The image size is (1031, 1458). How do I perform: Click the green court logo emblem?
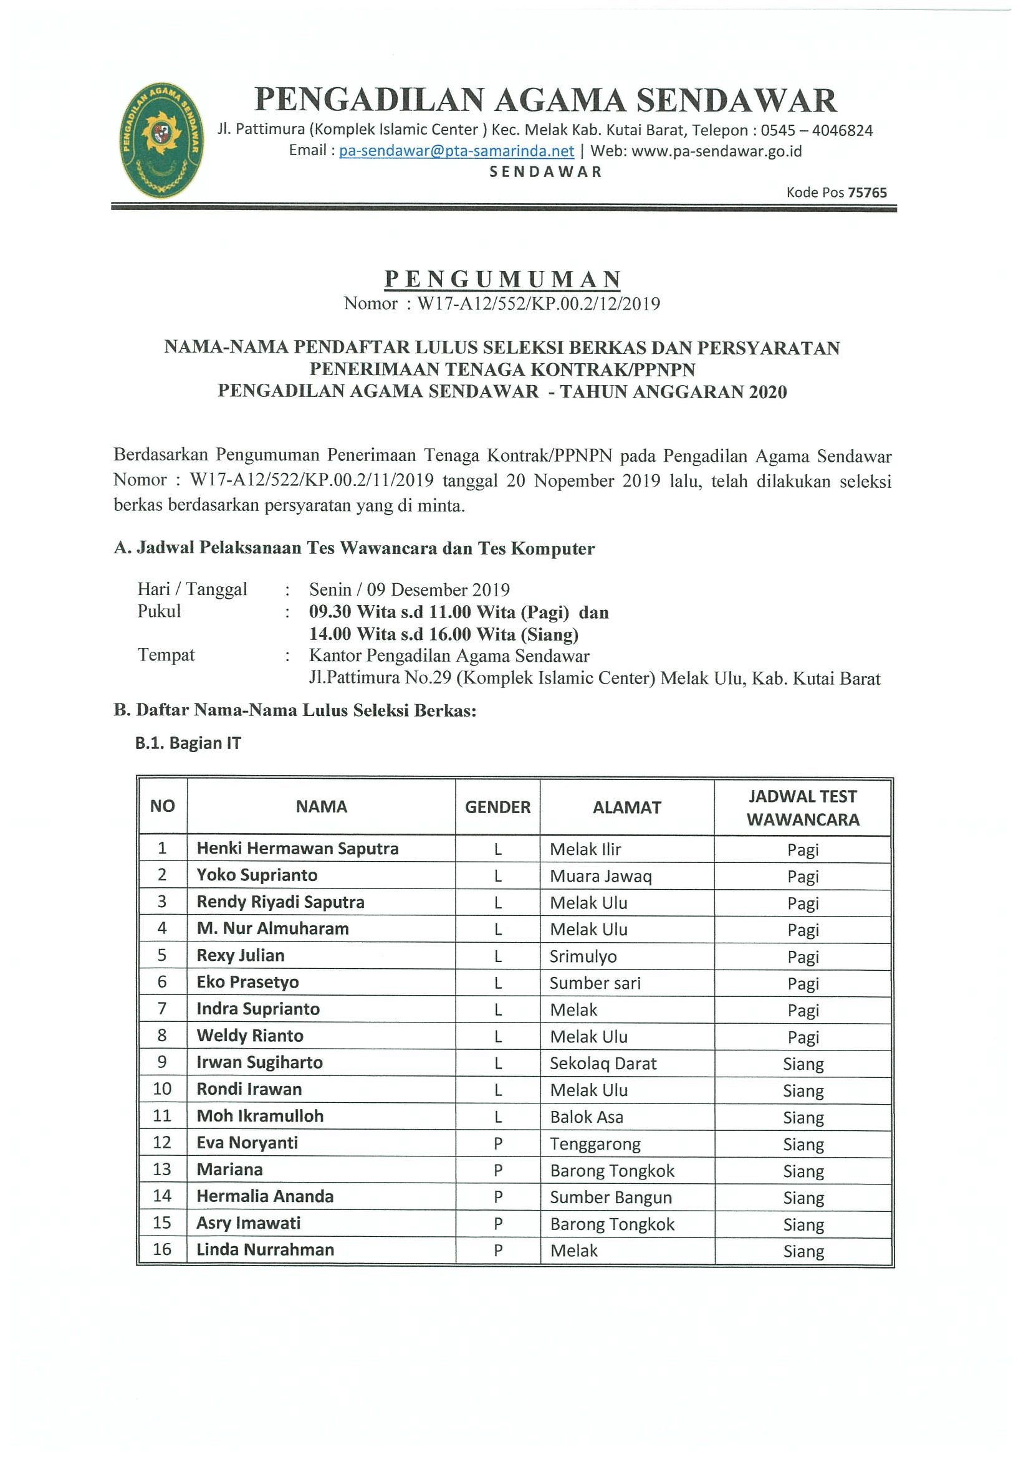(x=161, y=141)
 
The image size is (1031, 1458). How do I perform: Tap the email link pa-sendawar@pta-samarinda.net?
(x=456, y=151)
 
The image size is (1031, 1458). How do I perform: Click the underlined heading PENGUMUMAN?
(x=502, y=279)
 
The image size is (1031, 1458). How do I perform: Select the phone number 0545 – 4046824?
(x=817, y=130)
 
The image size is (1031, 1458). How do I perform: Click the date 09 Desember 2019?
(x=438, y=590)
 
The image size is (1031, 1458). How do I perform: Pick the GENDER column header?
(x=497, y=807)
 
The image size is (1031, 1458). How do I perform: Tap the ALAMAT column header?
(x=626, y=807)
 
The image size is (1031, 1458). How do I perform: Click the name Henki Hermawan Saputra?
(x=297, y=849)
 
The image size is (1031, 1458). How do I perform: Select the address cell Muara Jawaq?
(x=600, y=876)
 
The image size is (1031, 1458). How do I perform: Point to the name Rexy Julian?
(x=240, y=956)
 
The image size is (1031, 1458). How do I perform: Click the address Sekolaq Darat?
(x=603, y=1064)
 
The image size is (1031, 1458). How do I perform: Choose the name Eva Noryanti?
(x=247, y=1143)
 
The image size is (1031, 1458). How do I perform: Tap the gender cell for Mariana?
(x=498, y=1170)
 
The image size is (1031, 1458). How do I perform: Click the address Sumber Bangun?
(x=610, y=1198)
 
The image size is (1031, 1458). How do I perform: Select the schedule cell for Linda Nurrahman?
(x=803, y=1251)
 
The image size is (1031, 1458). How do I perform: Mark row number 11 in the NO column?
(x=162, y=1117)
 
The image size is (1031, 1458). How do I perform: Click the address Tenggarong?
(x=595, y=1145)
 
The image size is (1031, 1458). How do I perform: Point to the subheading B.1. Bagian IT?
(x=188, y=743)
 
